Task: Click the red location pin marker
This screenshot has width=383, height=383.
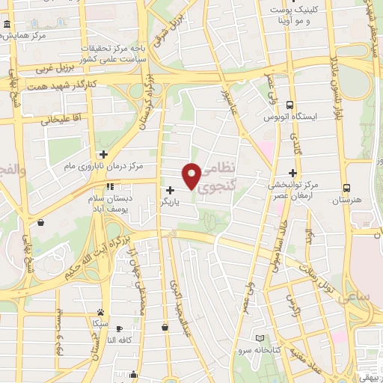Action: click(x=191, y=175)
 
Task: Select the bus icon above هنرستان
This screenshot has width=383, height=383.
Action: click(x=346, y=189)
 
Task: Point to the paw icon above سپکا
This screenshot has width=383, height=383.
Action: click(x=100, y=312)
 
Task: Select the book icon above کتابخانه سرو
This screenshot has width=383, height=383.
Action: click(x=260, y=338)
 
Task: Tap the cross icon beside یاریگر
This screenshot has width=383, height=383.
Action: click(x=171, y=190)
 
